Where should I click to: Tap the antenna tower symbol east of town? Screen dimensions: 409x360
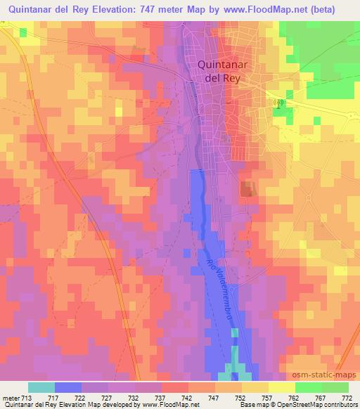(279, 103)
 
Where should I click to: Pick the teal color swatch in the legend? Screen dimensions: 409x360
(41, 387)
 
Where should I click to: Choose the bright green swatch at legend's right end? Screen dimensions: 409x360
(335, 387)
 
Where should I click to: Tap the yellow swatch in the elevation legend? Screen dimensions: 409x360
(281, 387)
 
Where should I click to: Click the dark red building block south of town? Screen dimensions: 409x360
(247, 188)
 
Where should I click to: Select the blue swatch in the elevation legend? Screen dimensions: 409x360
(68, 387)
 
